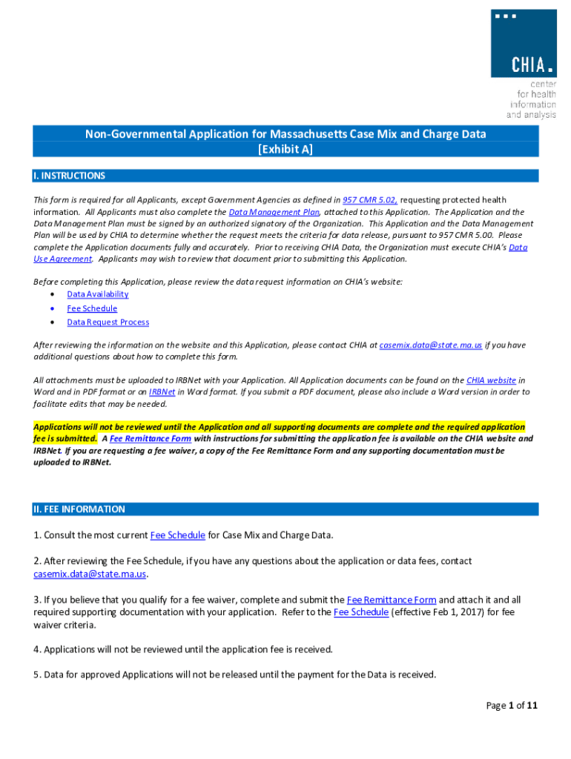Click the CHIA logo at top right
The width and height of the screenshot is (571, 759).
[523, 44]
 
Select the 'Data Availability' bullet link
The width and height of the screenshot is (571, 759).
[97, 294]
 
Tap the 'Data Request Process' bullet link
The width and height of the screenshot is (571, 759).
[108, 322]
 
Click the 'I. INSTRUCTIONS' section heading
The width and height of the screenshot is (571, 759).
[70, 176]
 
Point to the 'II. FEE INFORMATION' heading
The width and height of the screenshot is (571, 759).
[79, 510]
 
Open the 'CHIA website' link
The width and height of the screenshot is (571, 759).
[491, 380]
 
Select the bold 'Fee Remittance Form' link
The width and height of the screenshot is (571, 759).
[151, 439]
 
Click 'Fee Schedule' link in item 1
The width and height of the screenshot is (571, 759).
[177, 535]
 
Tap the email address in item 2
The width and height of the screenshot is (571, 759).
[90, 574]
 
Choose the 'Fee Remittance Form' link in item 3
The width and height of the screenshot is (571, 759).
[392, 600]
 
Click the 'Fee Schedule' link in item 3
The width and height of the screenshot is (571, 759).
[361, 612]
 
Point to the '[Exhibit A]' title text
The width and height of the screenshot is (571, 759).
[285, 150]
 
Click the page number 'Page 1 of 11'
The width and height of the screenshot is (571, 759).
[512, 706]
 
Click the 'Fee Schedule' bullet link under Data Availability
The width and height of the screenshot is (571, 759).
[92, 308]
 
